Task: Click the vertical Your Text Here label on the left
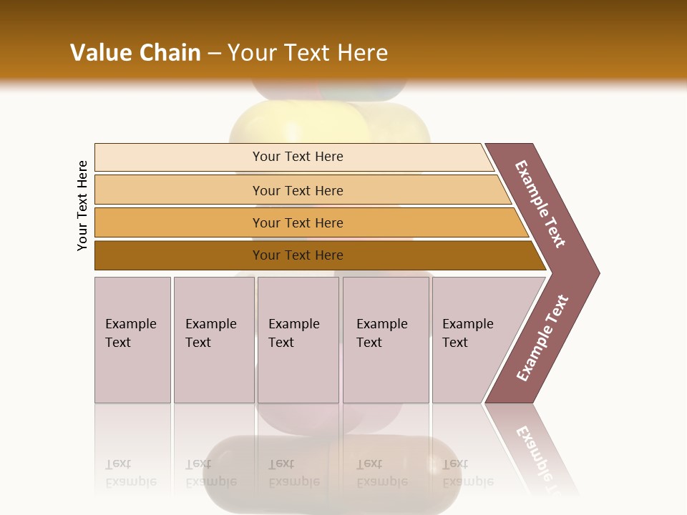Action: coord(82,205)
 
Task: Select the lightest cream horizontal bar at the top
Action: coord(297,157)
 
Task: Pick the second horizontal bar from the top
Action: coord(297,190)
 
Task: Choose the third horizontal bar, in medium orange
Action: coord(297,222)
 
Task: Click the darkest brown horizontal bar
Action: coord(297,255)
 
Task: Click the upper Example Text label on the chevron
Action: coord(540,203)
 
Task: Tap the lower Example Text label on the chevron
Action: coord(542,338)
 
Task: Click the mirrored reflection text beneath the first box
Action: coord(131,474)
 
